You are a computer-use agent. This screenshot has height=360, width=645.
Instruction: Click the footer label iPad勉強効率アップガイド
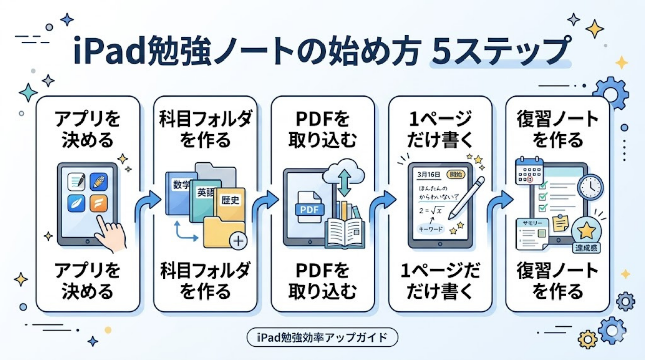pos(322,337)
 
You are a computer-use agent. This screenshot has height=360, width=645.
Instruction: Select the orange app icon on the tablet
pos(99,203)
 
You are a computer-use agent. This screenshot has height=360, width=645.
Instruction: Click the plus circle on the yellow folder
pos(237,242)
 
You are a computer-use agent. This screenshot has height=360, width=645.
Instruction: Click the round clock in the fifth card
pos(590,187)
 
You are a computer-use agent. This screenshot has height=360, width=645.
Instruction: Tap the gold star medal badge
pos(586,231)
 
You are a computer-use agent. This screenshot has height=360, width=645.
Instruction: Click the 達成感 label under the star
pos(587,248)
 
